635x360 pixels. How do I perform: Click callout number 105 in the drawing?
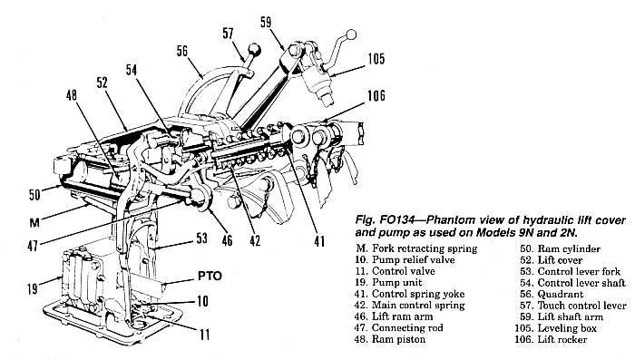click(376, 59)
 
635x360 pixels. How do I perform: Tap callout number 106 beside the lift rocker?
click(376, 96)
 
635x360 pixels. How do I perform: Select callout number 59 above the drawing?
click(266, 22)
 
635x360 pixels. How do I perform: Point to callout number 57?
click(228, 33)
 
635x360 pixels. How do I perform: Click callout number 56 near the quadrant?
click(182, 51)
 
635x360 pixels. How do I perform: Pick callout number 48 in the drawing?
click(72, 95)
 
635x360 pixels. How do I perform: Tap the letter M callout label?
click(34, 222)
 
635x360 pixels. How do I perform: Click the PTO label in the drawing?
click(210, 277)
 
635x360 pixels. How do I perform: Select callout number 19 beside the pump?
click(33, 288)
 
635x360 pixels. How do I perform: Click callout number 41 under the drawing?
click(319, 241)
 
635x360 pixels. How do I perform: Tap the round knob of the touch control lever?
click(255, 50)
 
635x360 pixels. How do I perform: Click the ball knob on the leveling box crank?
click(352, 34)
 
